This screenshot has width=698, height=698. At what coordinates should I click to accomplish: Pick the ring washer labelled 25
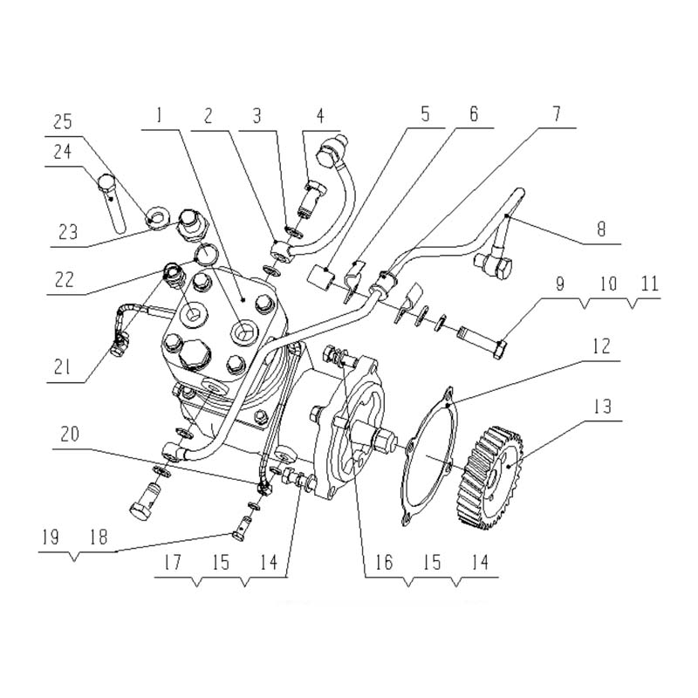158,216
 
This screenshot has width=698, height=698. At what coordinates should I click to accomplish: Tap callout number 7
555,114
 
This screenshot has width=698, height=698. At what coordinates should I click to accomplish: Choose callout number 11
648,285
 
